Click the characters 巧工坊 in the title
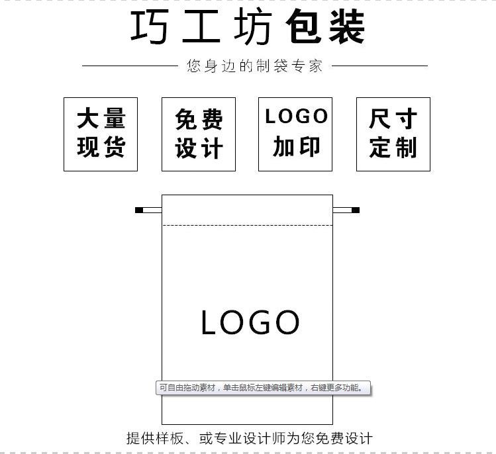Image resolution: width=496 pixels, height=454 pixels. tap(201, 28)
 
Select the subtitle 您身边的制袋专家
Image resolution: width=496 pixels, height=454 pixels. tap(254, 66)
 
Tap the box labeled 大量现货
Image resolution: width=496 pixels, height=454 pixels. tap(101, 134)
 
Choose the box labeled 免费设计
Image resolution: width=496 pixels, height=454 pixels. tap(199, 134)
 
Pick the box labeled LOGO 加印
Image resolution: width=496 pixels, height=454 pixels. tap(295, 134)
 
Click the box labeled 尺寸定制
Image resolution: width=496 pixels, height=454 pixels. tap(393, 134)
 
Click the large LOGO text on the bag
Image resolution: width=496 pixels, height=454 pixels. tap(250, 323)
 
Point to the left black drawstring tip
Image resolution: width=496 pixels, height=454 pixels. tap(139, 210)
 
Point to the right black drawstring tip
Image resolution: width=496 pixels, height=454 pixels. tap(356, 210)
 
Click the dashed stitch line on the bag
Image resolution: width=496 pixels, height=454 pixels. tap(247, 226)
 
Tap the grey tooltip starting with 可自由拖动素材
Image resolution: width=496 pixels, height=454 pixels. tap(262, 388)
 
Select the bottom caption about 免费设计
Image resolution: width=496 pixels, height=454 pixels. tap(249, 438)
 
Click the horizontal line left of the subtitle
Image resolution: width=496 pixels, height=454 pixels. tap(129, 66)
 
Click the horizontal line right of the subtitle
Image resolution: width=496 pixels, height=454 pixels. tap(379, 66)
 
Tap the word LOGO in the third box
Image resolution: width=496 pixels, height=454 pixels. tap(296, 116)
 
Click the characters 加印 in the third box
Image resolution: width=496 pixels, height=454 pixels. tap(296, 147)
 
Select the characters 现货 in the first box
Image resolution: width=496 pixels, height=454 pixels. tap(101, 147)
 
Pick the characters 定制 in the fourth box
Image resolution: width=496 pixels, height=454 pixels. tap(393, 148)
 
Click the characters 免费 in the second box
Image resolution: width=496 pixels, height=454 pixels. tap(199, 120)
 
